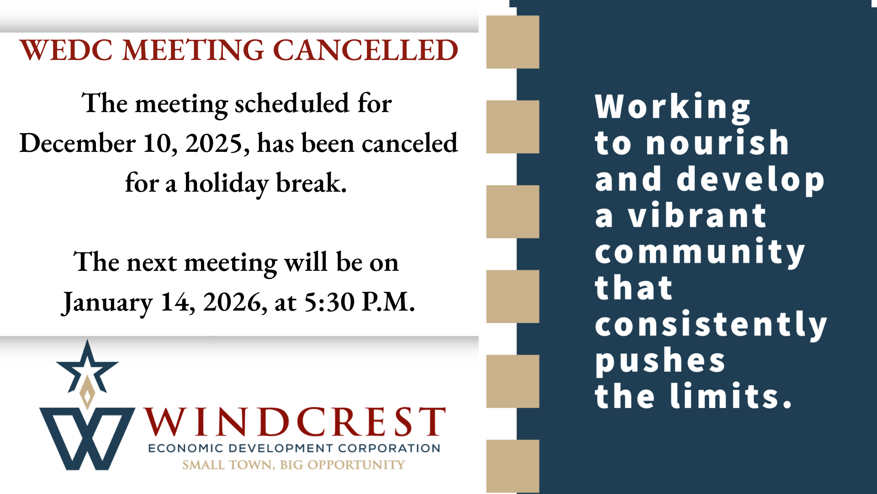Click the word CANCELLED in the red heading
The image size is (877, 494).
(365, 50)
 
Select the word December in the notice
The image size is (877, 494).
(77, 143)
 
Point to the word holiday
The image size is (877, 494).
(226, 184)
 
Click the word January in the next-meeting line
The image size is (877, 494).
(107, 302)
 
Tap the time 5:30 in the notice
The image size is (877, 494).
(329, 302)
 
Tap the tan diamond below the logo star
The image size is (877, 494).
(87, 392)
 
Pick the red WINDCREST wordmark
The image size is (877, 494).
(295, 421)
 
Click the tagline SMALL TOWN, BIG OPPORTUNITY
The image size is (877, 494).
(294, 465)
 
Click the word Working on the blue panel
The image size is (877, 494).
(672, 107)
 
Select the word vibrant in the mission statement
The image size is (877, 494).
(697, 215)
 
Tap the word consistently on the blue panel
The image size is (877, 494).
(711, 325)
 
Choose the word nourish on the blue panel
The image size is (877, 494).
(718, 143)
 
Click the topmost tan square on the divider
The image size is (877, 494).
(512, 42)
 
